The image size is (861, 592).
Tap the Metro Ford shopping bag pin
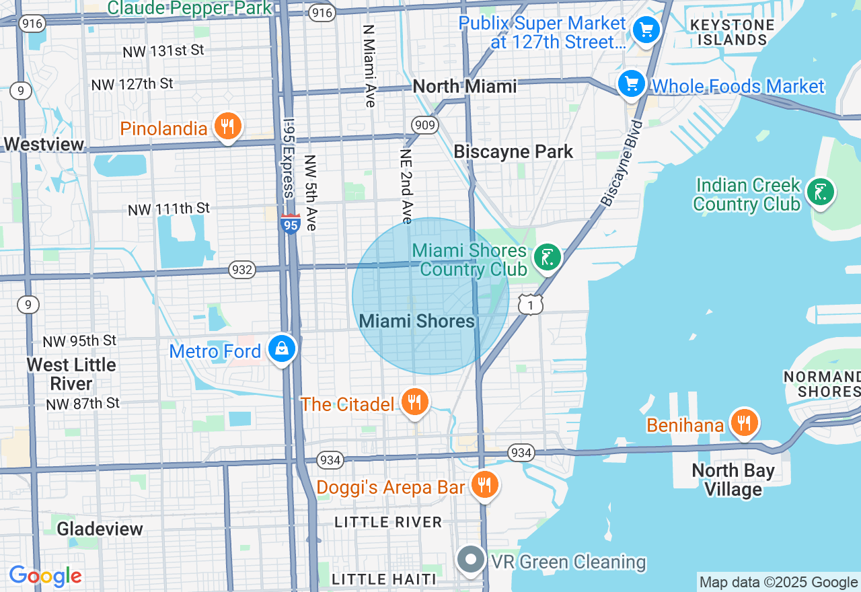(282, 348)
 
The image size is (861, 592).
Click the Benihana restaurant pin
(743, 423)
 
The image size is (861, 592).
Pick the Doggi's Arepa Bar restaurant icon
(484, 484)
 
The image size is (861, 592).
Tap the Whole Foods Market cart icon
(632, 84)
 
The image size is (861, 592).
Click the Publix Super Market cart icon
(646, 30)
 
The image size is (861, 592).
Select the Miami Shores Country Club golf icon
(548, 257)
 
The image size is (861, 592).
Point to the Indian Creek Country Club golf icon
(820, 192)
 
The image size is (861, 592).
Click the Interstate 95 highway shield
(290, 224)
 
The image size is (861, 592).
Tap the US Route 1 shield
(531, 304)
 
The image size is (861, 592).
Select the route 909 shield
(425, 125)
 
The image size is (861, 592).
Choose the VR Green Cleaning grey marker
(471, 560)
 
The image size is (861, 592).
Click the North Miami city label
(465, 87)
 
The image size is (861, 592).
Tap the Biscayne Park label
(513, 151)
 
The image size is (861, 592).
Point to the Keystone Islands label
(732, 32)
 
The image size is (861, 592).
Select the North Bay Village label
(733, 480)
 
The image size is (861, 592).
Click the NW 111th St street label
(169, 209)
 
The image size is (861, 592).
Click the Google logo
(45, 576)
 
